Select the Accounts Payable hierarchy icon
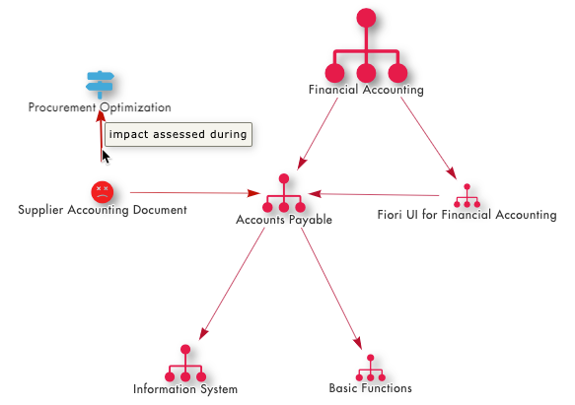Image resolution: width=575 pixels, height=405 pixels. click(x=284, y=193)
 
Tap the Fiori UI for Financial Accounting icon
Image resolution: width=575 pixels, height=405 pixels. click(x=467, y=196)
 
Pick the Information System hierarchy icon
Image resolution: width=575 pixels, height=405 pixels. click(x=185, y=364)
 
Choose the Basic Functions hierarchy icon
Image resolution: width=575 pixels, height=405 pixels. click(x=371, y=368)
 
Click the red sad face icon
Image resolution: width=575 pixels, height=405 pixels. click(x=103, y=192)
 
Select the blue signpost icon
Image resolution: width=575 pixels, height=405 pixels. click(x=100, y=85)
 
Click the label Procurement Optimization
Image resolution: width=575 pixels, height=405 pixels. click(x=100, y=107)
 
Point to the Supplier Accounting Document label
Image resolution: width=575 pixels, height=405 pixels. click(x=103, y=210)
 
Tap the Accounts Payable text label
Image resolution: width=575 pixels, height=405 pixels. click(x=284, y=220)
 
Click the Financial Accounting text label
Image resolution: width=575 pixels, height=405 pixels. click(x=366, y=90)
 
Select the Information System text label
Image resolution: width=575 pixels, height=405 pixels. click(x=185, y=389)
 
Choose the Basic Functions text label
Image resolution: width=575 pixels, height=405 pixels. click(x=371, y=388)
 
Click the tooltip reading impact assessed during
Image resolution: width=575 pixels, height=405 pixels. click(x=179, y=135)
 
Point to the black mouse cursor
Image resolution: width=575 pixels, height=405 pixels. click(x=106, y=157)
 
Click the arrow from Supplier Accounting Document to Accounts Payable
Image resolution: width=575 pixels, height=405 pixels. click(x=195, y=193)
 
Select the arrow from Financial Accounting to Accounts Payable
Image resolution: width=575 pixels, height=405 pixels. click(x=318, y=134)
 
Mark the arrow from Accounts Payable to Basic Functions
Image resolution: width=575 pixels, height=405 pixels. click(x=331, y=289)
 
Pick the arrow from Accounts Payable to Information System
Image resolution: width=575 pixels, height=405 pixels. click(x=232, y=284)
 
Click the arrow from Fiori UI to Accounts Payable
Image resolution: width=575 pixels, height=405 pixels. click(x=374, y=195)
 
